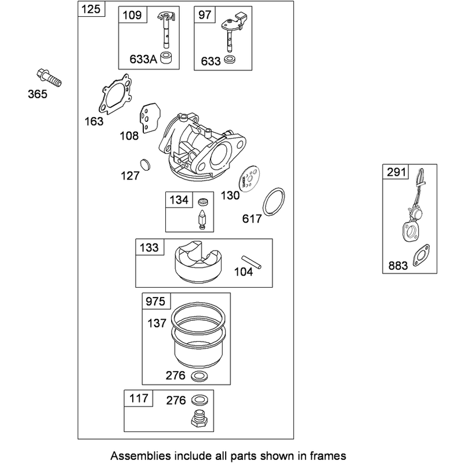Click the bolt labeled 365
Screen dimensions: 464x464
(x=49, y=78)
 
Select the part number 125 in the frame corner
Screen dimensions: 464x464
(x=91, y=9)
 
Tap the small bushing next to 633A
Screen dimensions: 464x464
(x=166, y=57)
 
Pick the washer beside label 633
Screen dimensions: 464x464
(x=230, y=60)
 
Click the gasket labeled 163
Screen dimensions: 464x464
(x=115, y=94)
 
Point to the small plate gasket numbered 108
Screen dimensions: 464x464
(x=150, y=118)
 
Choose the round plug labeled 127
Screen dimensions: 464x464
(x=145, y=165)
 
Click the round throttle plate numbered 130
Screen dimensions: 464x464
(x=249, y=179)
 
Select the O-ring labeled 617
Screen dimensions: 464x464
(x=274, y=201)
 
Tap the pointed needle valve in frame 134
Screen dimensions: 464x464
(x=202, y=220)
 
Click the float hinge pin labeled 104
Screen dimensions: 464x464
(x=251, y=262)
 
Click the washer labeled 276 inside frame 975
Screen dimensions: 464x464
(x=199, y=376)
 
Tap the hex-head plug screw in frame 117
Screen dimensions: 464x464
(x=198, y=418)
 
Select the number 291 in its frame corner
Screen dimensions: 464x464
(x=396, y=172)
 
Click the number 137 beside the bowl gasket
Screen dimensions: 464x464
(x=157, y=323)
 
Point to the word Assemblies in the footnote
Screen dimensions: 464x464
(x=140, y=455)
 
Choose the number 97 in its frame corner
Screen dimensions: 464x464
(x=205, y=15)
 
